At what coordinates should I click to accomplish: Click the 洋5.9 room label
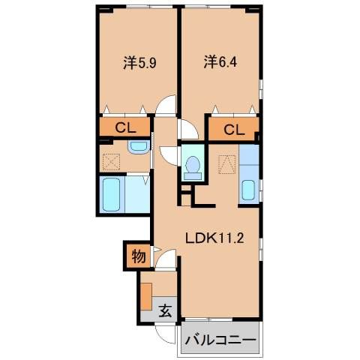coord(139,62)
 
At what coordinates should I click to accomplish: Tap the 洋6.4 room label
coord(220,62)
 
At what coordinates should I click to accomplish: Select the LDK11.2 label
coord(214,238)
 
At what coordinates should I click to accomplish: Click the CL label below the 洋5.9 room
coord(125,128)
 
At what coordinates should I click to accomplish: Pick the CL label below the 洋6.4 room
coord(234,130)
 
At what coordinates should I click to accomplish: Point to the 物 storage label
coord(139,256)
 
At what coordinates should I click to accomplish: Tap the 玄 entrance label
coord(165,310)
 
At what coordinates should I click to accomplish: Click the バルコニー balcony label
coord(220,340)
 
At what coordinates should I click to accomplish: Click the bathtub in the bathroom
coord(112,195)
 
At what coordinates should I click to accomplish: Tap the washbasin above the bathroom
coord(139,148)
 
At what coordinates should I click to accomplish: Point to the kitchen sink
coord(248,190)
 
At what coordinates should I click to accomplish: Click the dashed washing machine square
coord(111,162)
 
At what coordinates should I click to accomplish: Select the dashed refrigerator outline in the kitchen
coord(226,164)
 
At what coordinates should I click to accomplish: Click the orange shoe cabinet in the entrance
coord(146,297)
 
